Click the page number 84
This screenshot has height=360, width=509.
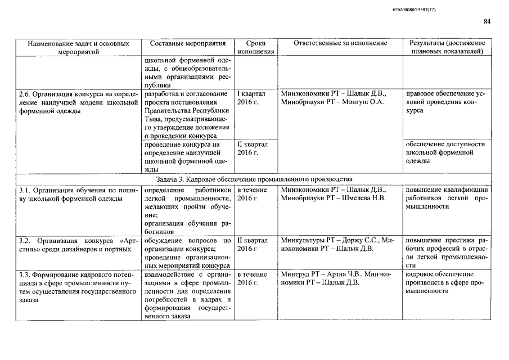tap(487, 22)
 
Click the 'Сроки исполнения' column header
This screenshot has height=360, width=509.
tap(256, 47)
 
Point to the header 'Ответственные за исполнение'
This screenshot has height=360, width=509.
tap(340, 43)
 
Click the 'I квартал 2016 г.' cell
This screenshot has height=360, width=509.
tap(252, 98)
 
